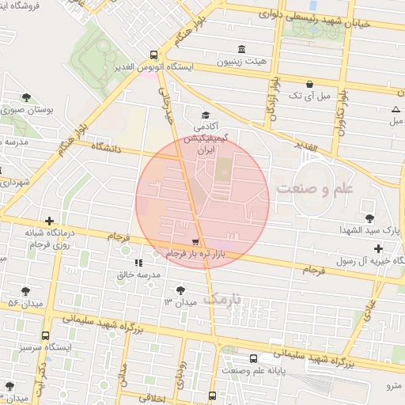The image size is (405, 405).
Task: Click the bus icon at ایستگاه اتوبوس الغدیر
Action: (153, 55)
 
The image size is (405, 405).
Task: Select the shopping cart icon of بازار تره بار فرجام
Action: (195, 240)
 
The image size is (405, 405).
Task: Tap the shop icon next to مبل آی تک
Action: (308, 83)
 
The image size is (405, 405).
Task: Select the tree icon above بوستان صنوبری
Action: (26, 97)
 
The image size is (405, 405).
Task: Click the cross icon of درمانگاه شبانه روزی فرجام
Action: (50, 221)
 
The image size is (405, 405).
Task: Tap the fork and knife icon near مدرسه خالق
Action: (139, 262)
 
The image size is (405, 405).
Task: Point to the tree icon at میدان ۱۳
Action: (183, 290)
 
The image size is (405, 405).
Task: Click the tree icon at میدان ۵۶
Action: (26, 290)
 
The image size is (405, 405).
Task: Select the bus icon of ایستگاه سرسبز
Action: (45, 335)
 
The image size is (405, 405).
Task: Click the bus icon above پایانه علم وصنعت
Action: (253, 358)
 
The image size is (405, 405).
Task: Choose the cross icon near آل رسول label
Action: (378, 249)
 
